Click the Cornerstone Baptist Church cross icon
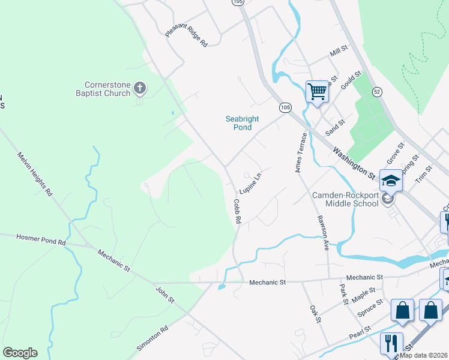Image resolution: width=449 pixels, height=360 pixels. (x=139, y=89)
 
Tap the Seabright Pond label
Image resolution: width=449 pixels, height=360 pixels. (x=242, y=123)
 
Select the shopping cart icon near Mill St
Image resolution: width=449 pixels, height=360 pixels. (x=317, y=92)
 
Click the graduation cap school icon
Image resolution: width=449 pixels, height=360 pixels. (x=391, y=180)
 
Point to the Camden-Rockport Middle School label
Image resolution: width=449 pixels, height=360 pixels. (x=345, y=199)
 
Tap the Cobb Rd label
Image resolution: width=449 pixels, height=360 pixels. (x=237, y=211)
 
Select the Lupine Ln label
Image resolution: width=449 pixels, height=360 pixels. (x=251, y=183)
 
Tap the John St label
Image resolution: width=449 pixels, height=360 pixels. (x=165, y=295)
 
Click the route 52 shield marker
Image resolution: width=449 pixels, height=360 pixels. (x=376, y=91)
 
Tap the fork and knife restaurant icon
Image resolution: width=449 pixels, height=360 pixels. (x=391, y=343)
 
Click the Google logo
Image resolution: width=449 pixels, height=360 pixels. (x=20, y=353)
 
